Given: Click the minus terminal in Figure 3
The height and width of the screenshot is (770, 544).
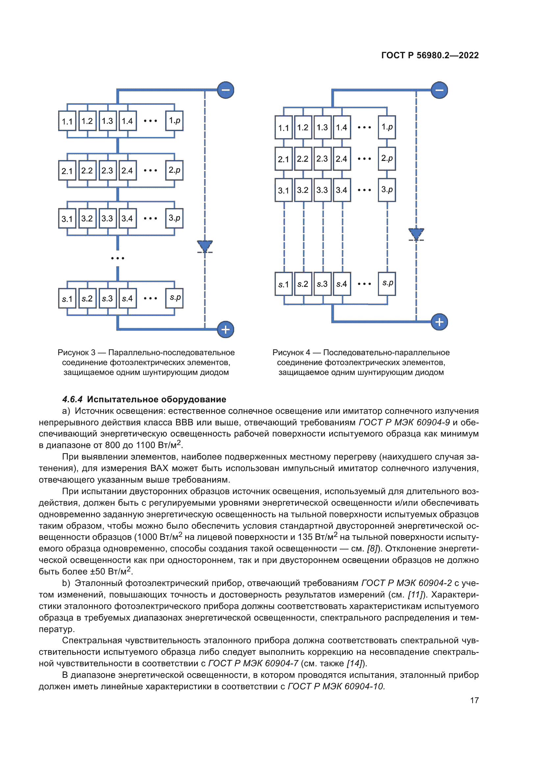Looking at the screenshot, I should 225,90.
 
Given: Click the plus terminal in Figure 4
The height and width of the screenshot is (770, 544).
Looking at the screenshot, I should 439,322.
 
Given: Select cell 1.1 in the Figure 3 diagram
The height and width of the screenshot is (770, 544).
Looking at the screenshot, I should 67,121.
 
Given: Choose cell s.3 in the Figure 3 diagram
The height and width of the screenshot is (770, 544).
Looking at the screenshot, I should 107,299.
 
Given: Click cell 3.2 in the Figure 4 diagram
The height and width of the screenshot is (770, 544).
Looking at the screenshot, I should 303,190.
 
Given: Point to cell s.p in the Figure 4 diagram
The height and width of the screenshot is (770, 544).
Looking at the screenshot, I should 387,283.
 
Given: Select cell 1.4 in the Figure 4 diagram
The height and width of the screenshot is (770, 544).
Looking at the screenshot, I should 342,127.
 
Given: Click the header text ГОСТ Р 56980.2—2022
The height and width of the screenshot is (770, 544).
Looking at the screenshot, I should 430,55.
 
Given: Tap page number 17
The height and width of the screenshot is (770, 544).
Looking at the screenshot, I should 474,700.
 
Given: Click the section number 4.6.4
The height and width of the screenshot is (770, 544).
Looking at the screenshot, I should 72,399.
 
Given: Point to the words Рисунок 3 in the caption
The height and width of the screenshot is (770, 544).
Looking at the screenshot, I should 76,353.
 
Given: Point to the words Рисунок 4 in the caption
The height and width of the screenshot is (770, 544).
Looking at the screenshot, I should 291,353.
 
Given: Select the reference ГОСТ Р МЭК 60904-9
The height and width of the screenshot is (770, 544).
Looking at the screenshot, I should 404,423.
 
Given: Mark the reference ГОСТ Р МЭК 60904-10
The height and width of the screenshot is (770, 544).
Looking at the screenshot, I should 336,686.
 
